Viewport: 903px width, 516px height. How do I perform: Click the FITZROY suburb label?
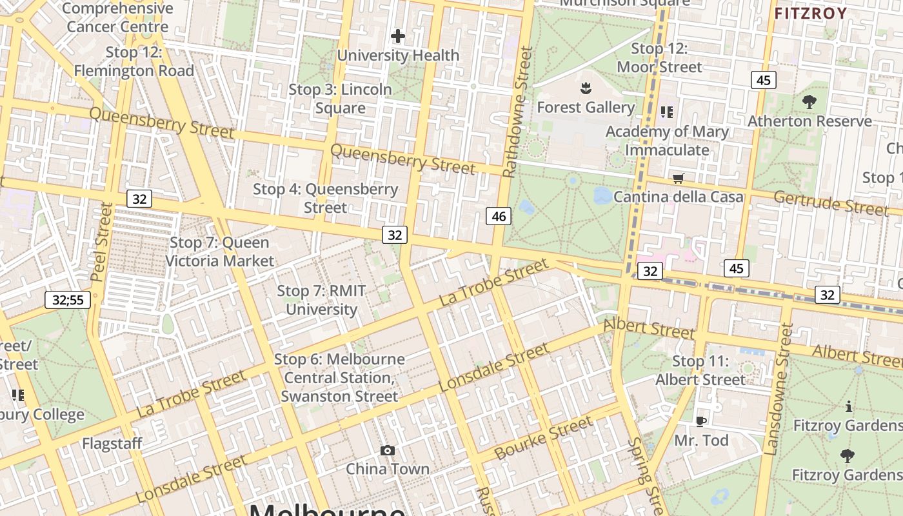click(x=811, y=14)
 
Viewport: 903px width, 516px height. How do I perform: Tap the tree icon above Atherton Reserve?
click(x=809, y=101)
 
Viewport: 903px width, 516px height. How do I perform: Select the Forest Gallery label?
click(x=586, y=107)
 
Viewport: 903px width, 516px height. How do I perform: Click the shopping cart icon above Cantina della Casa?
click(x=678, y=178)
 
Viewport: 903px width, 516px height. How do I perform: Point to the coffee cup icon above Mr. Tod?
click(x=701, y=421)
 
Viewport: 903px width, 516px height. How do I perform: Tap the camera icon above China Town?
click(x=388, y=450)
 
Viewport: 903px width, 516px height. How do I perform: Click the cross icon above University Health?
click(x=398, y=36)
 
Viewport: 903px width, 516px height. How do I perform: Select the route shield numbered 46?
click(x=499, y=216)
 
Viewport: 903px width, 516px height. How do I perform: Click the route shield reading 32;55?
click(x=68, y=299)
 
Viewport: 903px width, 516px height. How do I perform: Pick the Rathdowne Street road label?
click(x=519, y=112)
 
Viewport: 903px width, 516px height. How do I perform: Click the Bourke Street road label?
click(x=543, y=437)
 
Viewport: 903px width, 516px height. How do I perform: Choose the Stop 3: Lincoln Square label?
click(x=340, y=99)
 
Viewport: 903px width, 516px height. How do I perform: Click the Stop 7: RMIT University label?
click(x=321, y=300)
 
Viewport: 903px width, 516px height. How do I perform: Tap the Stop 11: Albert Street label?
click(x=700, y=370)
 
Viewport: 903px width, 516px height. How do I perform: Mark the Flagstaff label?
click(x=112, y=444)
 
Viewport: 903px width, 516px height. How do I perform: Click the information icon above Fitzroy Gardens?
click(x=849, y=406)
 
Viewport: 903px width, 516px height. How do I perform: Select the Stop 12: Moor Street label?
click(x=659, y=57)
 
